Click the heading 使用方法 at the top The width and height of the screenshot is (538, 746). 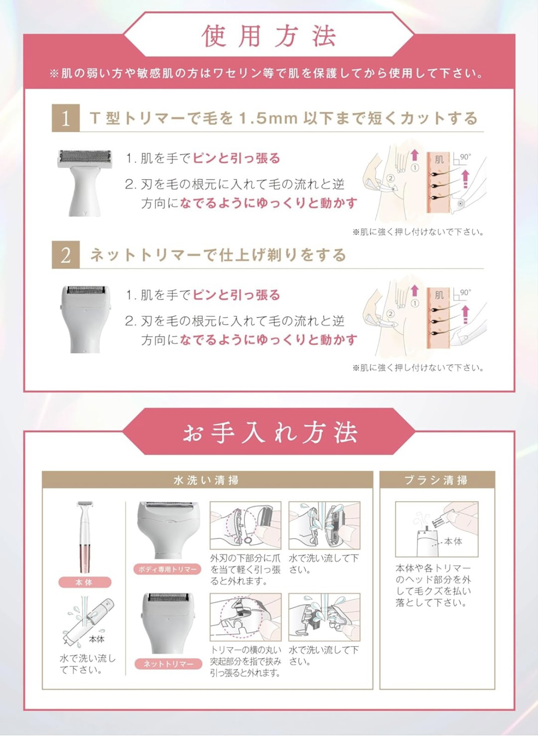point(269,36)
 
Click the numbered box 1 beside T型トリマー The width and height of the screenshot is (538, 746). point(66,118)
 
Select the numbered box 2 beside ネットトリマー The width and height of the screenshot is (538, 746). point(66,255)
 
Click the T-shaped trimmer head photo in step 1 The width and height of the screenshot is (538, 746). point(85,183)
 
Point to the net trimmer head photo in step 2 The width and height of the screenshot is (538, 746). point(85,319)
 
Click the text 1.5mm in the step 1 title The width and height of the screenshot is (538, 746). point(268,118)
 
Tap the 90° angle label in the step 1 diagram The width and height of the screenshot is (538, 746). point(465,157)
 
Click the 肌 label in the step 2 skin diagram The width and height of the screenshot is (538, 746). point(439,295)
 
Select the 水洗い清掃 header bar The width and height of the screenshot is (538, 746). point(207,480)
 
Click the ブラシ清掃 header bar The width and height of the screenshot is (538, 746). point(437,480)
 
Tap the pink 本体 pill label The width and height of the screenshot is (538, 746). point(85,591)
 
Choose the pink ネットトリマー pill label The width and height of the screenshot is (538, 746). point(168,673)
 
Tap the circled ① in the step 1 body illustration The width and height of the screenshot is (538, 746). point(414,168)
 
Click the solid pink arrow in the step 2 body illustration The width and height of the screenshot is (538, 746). point(414,290)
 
